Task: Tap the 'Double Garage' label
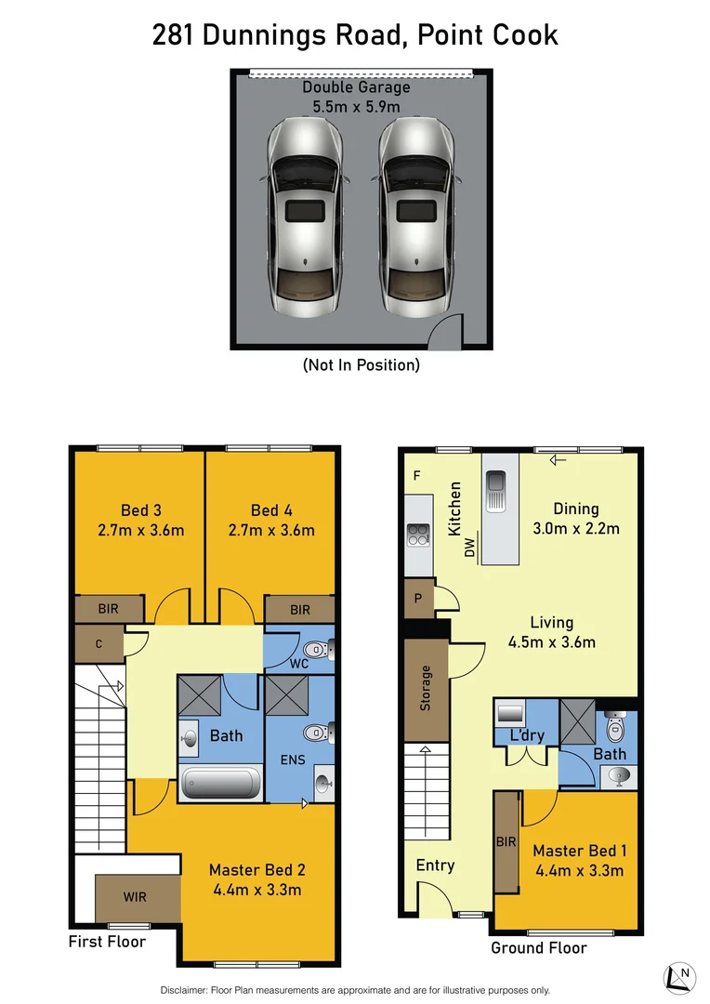[x=356, y=87]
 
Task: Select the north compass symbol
[x=679, y=976]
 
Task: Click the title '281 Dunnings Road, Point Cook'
[x=355, y=35]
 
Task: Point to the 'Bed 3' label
[x=141, y=509]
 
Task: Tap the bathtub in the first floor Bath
[x=221, y=784]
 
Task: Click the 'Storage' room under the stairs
[x=426, y=688]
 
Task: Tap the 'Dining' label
[x=576, y=509]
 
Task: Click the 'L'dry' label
[x=526, y=736]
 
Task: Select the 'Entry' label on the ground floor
[x=435, y=865]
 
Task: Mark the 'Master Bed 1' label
[x=579, y=851]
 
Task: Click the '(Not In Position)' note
[x=362, y=365]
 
